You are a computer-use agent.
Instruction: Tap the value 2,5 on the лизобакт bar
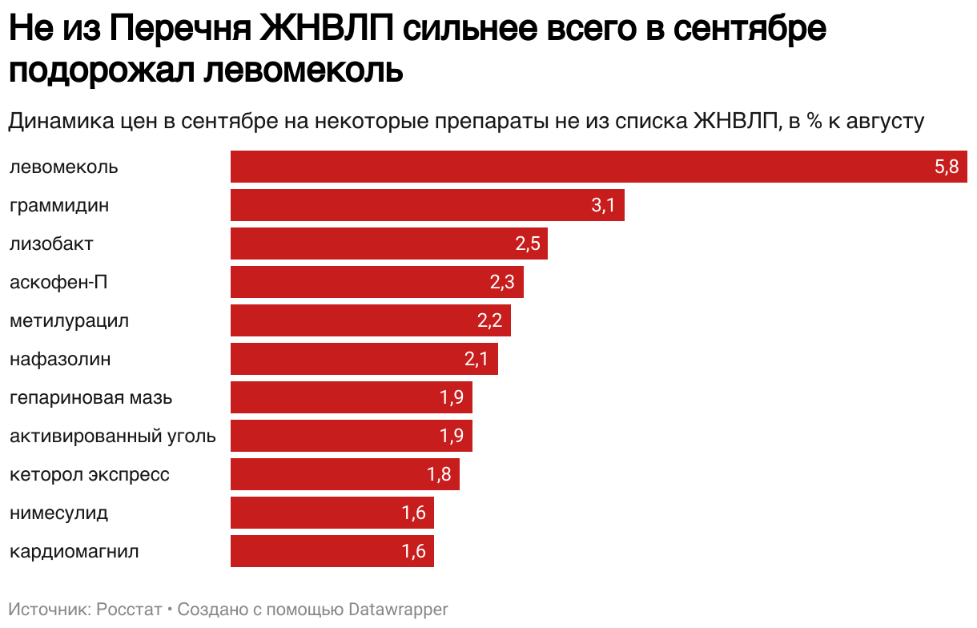(x=528, y=244)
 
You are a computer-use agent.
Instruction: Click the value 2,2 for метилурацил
(x=489, y=320)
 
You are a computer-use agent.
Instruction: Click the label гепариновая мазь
(x=90, y=397)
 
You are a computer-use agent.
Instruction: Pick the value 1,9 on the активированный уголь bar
(x=452, y=436)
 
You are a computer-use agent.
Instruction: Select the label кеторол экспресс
(x=90, y=474)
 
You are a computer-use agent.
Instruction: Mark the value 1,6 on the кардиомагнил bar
(x=414, y=551)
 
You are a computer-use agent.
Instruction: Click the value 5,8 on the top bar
(x=946, y=167)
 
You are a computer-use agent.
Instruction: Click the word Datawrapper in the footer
(x=397, y=609)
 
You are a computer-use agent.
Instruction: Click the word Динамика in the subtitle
(x=61, y=122)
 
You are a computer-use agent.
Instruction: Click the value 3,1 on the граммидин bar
(x=603, y=205)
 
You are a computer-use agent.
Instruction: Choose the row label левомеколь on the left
(x=64, y=167)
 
